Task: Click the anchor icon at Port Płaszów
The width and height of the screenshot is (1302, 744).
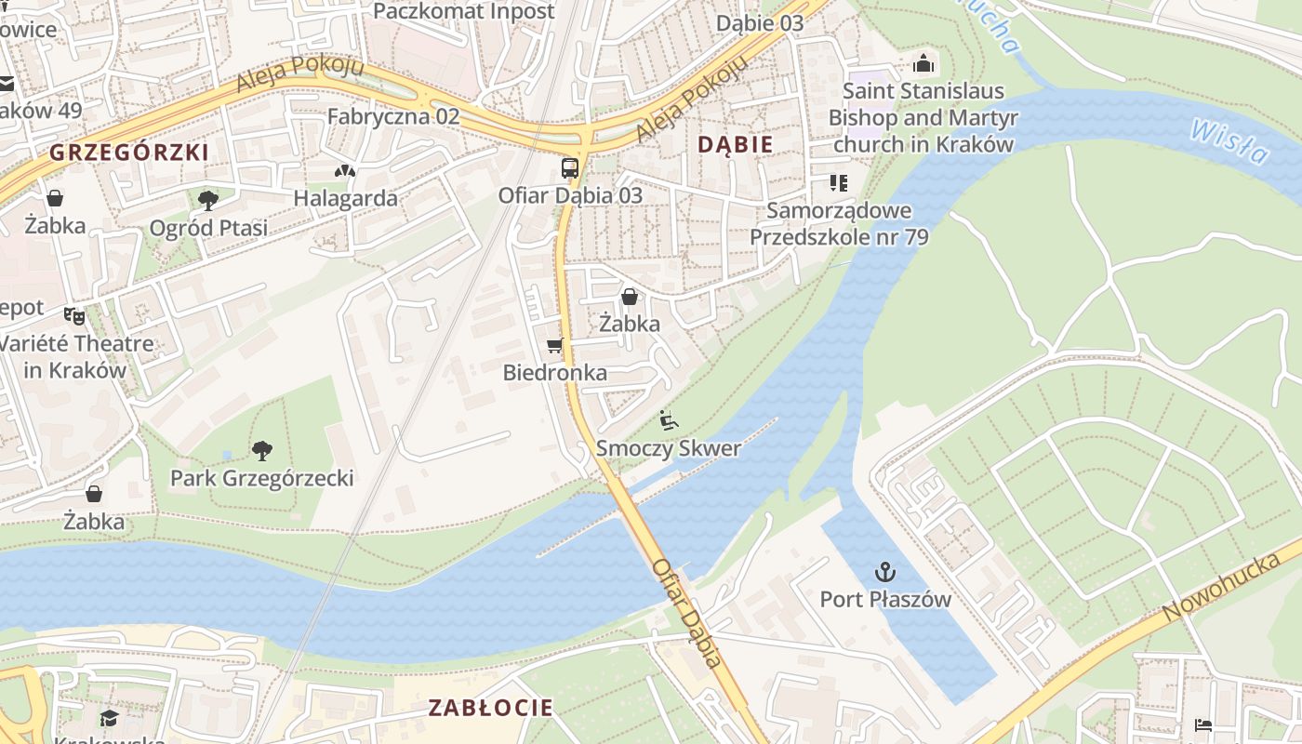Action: [884, 571]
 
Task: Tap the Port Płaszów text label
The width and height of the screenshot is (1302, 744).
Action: [885, 599]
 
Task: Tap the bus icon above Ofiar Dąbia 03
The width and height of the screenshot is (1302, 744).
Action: [570, 168]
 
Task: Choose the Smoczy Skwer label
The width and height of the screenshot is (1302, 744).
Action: [668, 448]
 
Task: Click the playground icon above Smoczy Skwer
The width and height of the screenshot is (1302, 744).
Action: [668, 420]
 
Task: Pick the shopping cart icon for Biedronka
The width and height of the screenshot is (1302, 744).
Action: [554, 346]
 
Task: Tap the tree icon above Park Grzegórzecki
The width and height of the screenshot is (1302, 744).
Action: [262, 451]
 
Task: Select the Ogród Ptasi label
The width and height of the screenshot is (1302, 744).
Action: [208, 228]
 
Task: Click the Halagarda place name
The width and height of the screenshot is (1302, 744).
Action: [345, 198]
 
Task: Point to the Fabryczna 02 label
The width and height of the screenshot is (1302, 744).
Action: [393, 116]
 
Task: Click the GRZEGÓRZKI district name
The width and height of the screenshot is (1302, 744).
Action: [128, 153]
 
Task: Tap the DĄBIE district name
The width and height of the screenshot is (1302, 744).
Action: [735, 144]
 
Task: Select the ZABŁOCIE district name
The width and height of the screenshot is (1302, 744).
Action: [490, 707]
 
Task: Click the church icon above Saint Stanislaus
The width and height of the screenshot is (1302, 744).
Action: [923, 63]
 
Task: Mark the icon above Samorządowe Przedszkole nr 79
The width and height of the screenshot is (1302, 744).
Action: [839, 183]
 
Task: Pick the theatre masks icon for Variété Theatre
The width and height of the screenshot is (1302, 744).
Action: [74, 315]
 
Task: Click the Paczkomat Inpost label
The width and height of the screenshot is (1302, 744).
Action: [463, 11]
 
